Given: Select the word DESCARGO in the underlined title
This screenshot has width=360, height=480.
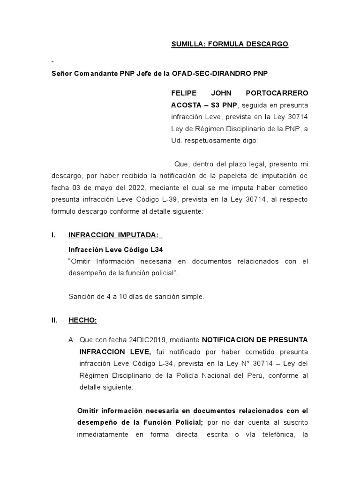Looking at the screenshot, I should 267,44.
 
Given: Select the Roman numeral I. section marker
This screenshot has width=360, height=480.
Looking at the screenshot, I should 54,236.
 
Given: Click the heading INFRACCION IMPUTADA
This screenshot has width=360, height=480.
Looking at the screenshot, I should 113,236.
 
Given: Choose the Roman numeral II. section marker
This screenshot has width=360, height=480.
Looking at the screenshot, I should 54,320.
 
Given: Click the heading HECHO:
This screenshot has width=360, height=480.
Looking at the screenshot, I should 82,320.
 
